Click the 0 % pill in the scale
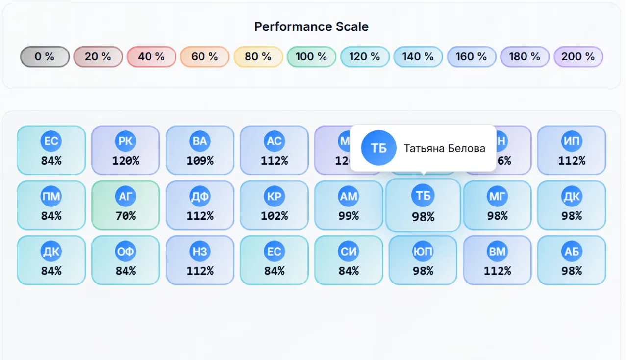click(x=45, y=57)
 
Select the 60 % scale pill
click(x=204, y=57)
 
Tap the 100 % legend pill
click(x=311, y=57)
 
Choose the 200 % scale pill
click(x=578, y=57)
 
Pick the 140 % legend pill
click(x=418, y=57)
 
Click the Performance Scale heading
click(x=311, y=26)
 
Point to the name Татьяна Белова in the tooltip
click(x=444, y=148)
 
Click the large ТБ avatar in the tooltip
click(x=378, y=148)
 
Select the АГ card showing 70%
click(x=125, y=205)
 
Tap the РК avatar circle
click(x=125, y=141)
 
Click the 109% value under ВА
click(x=200, y=161)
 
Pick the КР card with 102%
click(x=274, y=205)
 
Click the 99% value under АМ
click(x=349, y=216)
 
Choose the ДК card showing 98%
click(x=572, y=205)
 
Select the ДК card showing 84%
click(x=51, y=260)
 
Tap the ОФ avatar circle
click(x=125, y=252)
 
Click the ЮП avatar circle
click(x=423, y=252)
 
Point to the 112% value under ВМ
click(x=497, y=271)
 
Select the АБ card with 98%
click(x=572, y=260)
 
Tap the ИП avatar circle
click(x=572, y=141)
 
